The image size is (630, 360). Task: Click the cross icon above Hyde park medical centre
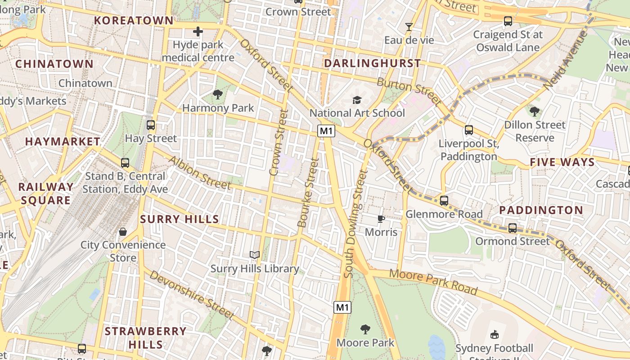[x=198, y=31]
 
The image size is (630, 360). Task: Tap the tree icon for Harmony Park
[x=218, y=94]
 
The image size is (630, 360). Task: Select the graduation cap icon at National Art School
[x=357, y=100]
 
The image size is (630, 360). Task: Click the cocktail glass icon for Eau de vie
[x=409, y=27]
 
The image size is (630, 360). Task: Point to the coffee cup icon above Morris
[x=381, y=219]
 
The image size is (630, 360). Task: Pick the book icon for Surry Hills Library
[x=255, y=255]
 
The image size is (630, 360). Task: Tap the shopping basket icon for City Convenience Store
[x=123, y=232]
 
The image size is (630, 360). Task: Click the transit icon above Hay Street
[x=151, y=125]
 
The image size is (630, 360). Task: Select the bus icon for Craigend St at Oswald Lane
[x=508, y=21]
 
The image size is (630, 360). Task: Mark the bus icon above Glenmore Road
[x=444, y=201]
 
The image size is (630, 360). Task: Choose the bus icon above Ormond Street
[x=513, y=228]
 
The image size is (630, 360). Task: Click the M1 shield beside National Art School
[x=327, y=131]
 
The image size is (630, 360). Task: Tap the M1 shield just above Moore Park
[x=342, y=307]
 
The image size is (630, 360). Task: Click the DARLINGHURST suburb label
[x=373, y=63]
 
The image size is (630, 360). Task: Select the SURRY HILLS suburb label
[x=180, y=220]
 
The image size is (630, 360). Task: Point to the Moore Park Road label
[x=433, y=282]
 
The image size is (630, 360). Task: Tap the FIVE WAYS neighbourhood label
[x=562, y=162]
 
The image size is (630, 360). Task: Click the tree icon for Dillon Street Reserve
[x=534, y=111]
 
